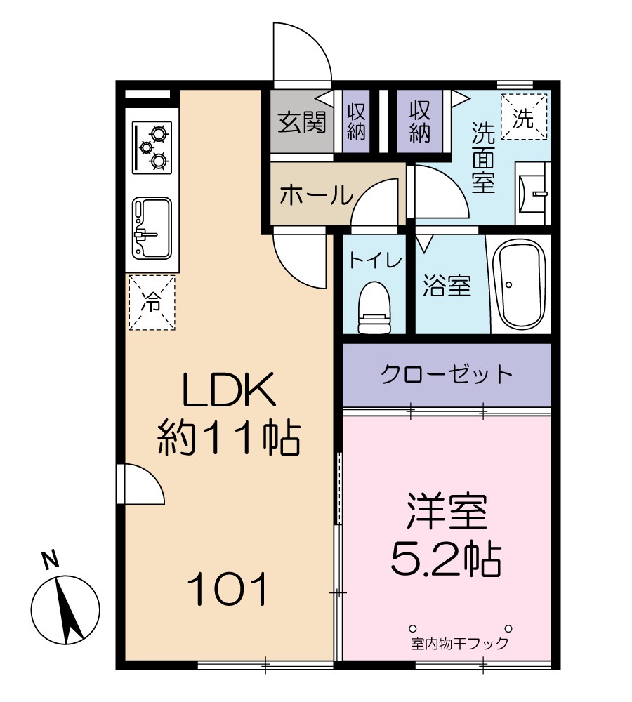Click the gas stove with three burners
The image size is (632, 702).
152,147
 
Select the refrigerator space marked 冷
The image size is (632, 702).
152,303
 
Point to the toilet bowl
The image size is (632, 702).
374,307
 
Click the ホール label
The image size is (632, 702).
315,194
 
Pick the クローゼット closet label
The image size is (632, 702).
447,374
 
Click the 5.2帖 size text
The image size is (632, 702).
445,558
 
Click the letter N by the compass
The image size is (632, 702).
49,560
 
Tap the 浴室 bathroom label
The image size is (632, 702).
447,286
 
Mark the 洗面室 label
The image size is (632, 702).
483,158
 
